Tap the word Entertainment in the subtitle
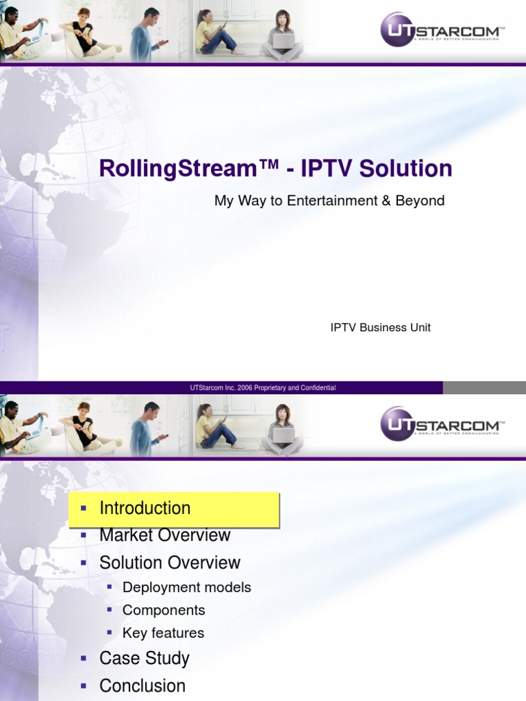pyautogui.click(x=332, y=201)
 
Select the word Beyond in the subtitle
pyautogui.click(x=420, y=201)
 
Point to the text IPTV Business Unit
pyautogui.click(x=381, y=327)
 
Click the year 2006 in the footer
pyautogui.click(x=245, y=387)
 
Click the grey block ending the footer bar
pyautogui.click(x=484, y=387)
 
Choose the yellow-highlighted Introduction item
pyautogui.click(x=174, y=509)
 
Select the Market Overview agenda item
pyautogui.click(x=165, y=535)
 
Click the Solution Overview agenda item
pyautogui.click(x=170, y=563)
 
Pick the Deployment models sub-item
pyautogui.click(x=187, y=587)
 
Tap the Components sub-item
pyautogui.click(x=164, y=610)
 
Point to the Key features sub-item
pyautogui.click(x=163, y=633)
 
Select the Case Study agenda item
pyautogui.click(x=145, y=659)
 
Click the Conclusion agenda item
pyautogui.click(x=142, y=685)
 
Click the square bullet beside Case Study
pyautogui.click(x=84, y=658)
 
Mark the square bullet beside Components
pyautogui.click(x=110, y=609)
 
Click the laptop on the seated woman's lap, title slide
pyautogui.click(x=283, y=40)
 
